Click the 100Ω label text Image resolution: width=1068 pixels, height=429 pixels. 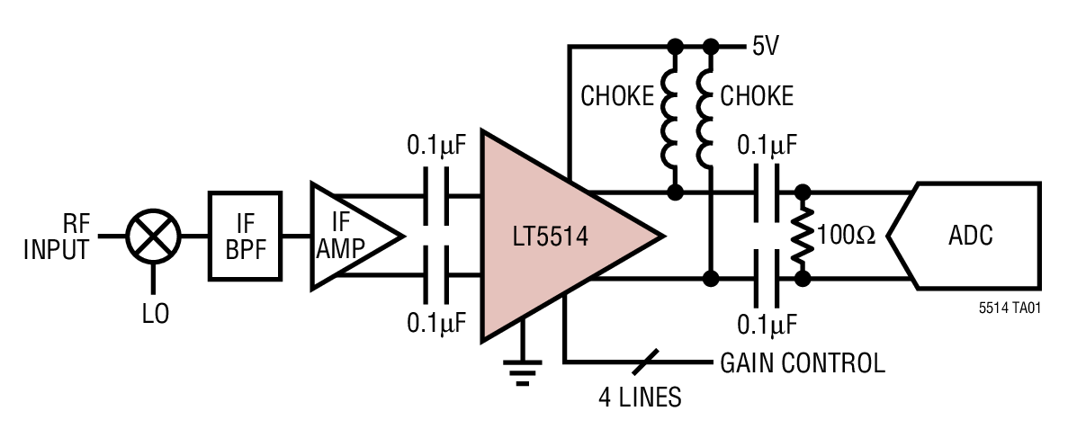pyautogui.click(x=847, y=237)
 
